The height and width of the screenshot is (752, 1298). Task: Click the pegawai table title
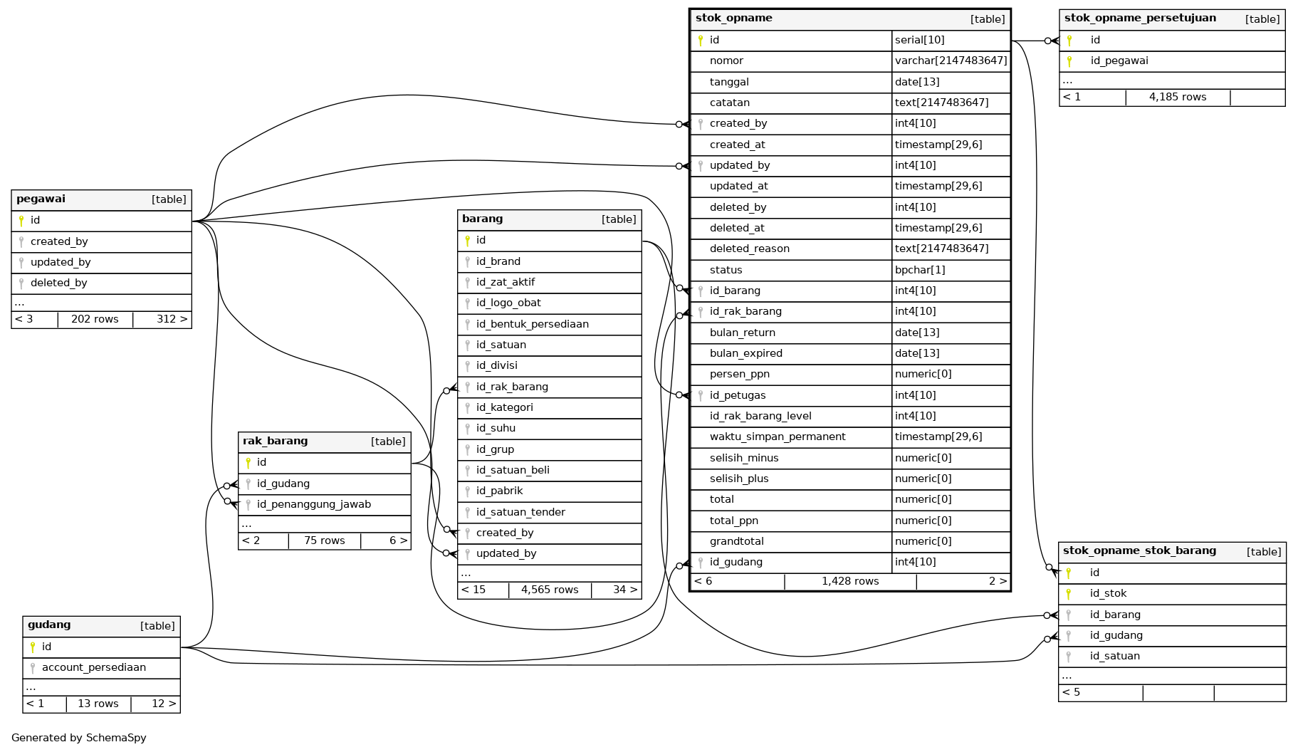click(41, 199)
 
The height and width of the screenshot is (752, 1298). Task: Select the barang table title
click(482, 219)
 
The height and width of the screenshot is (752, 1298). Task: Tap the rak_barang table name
click(275, 442)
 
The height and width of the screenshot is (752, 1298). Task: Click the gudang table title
click(49, 625)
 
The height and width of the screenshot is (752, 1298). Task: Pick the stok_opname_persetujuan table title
click(1140, 19)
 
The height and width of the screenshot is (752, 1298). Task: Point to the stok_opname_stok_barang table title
click(1139, 551)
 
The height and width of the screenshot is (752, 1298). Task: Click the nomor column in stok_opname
click(726, 61)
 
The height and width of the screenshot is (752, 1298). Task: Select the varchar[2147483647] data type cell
click(951, 61)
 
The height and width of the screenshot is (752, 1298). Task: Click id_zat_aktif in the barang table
click(505, 283)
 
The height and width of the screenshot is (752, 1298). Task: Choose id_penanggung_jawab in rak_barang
click(313, 505)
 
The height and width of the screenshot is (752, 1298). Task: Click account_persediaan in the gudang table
click(93, 668)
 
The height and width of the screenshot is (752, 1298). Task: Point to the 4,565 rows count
click(549, 590)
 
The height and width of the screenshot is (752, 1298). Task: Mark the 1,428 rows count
click(849, 582)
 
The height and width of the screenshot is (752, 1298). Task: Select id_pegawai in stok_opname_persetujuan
click(1119, 61)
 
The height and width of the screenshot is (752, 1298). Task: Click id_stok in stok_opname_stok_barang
click(1108, 594)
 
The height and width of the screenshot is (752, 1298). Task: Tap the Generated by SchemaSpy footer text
click(79, 738)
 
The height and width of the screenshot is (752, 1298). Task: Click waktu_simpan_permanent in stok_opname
click(777, 437)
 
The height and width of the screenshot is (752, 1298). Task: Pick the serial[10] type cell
click(919, 41)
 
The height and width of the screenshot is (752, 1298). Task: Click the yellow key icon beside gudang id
click(32, 647)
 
